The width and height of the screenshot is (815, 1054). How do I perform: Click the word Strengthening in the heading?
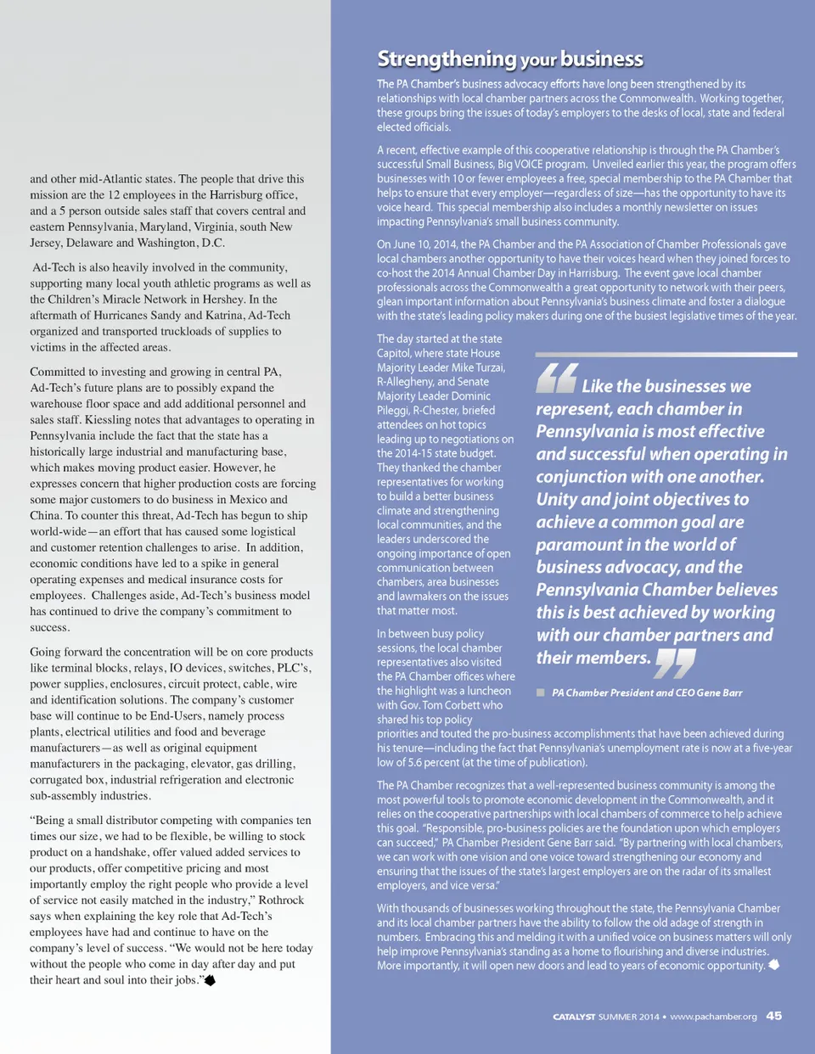(x=447, y=59)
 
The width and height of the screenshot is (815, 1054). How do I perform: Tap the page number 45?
(x=773, y=1016)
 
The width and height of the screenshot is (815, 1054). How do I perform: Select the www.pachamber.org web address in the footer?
(x=713, y=1017)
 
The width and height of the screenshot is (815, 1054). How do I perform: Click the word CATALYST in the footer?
(x=574, y=1017)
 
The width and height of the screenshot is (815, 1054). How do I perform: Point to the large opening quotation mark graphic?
(x=557, y=378)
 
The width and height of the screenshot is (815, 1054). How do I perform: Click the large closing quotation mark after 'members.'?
(x=675, y=663)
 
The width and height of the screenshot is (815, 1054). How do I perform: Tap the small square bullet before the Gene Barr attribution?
(x=540, y=692)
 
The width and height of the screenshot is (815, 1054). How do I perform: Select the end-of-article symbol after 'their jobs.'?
(x=210, y=980)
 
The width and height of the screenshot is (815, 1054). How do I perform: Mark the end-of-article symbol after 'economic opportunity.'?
(x=773, y=965)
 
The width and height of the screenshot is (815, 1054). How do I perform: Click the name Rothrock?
(x=281, y=900)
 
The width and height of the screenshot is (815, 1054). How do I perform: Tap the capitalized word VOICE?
(x=530, y=165)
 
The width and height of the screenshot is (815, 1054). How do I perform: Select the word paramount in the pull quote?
(x=579, y=545)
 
